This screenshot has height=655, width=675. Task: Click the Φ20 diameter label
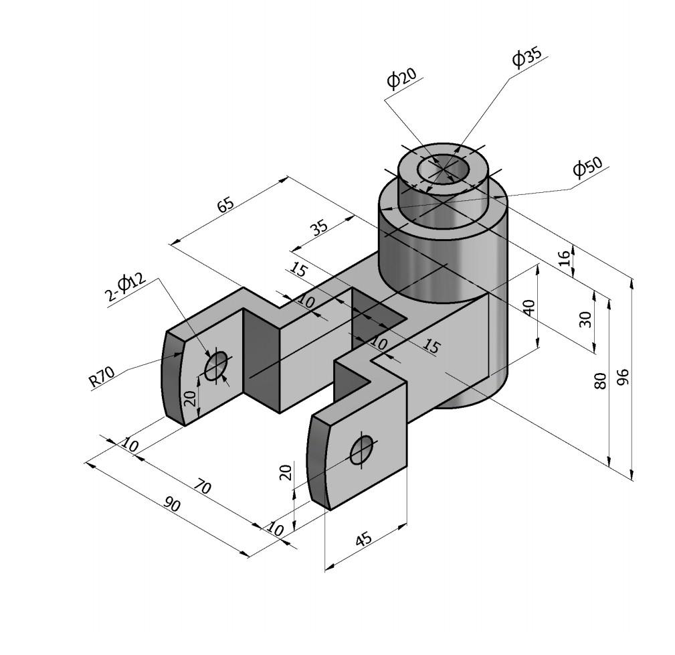(401, 78)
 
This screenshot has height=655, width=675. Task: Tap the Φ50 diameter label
(587, 167)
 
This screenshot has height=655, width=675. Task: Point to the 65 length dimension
(225, 204)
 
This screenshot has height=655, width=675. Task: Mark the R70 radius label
(102, 378)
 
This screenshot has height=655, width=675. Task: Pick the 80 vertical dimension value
(600, 380)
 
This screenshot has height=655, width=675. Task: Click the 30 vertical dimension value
(585, 319)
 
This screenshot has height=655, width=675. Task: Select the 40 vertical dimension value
(528, 307)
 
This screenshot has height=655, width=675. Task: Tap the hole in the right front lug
(361, 449)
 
